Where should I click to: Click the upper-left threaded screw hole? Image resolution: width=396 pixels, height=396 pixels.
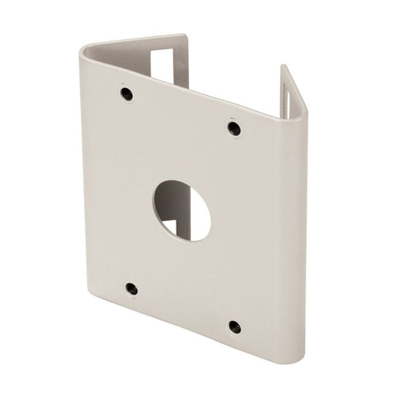[x=126, y=93]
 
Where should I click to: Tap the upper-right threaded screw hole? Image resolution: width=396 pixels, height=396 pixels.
[x=233, y=128]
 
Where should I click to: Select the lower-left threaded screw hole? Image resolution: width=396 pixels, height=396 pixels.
[x=131, y=287]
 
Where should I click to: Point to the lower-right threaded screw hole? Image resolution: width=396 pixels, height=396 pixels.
[x=234, y=326]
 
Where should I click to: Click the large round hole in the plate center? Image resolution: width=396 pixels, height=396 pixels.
[x=182, y=210]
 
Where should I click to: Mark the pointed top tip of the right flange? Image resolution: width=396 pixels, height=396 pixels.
[x=283, y=66]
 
